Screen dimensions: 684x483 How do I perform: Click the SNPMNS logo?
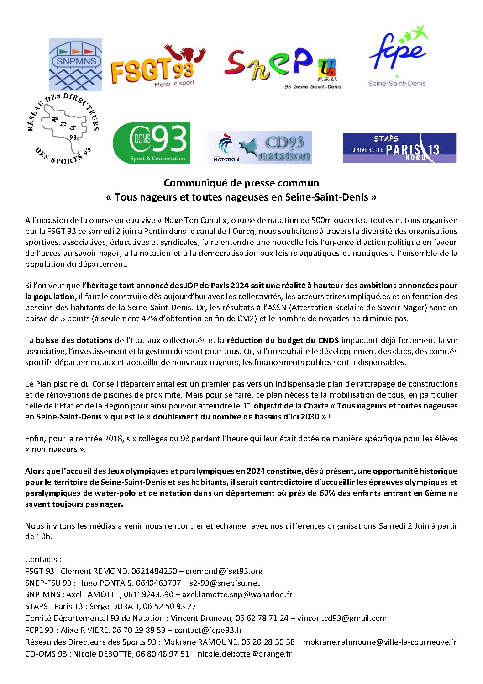(75, 64)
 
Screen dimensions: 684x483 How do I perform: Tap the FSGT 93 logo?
(158, 66)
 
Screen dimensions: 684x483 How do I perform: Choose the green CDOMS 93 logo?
(152, 143)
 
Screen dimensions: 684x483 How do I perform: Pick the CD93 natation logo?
(259, 147)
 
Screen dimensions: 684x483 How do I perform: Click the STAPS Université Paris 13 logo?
(399, 147)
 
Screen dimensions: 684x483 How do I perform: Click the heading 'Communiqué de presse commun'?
(241, 183)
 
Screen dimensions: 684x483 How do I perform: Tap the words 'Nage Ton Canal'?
(192, 220)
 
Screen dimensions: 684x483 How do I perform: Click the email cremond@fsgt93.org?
(224, 571)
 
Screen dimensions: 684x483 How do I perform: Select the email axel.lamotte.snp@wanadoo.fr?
(237, 594)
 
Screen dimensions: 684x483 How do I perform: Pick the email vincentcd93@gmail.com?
(341, 618)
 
